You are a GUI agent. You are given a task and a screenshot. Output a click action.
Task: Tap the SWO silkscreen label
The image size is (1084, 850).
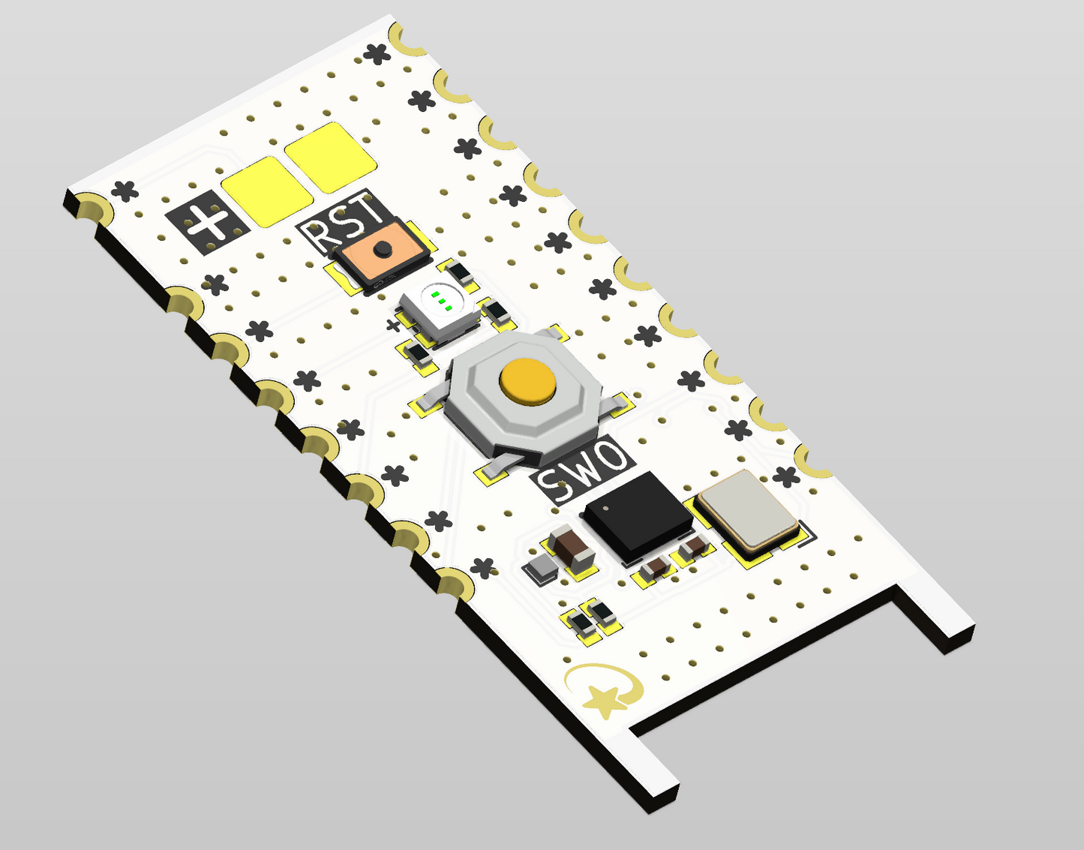point(582,471)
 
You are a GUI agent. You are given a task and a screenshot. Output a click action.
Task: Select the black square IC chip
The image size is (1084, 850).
point(638,516)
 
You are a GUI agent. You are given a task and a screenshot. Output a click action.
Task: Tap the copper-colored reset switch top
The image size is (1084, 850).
point(382,252)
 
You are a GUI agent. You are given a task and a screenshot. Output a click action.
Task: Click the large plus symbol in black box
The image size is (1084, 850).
point(207,222)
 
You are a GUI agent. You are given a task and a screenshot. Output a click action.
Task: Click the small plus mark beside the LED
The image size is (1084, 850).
point(394,326)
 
